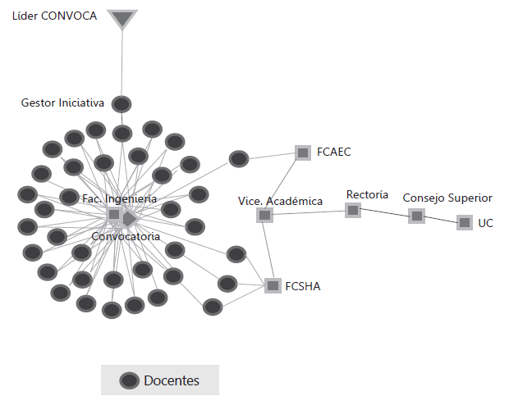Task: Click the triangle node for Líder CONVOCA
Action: click(122, 18)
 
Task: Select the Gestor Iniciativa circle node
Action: click(122, 104)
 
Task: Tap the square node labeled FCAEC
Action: click(303, 152)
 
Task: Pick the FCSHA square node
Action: click(273, 285)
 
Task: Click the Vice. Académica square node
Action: click(264, 215)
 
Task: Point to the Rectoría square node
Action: click(353, 211)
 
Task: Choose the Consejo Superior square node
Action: click(417, 216)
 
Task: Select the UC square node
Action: click(465, 223)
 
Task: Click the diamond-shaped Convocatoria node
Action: click(129, 219)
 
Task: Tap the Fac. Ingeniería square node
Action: click(114, 214)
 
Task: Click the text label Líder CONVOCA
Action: click(54, 16)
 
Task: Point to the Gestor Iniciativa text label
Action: click(62, 102)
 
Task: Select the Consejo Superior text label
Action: click(447, 198)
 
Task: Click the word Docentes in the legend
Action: click(172, 380)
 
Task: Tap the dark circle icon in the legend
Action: click(130, 380)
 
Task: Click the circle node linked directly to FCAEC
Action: click(239, 159)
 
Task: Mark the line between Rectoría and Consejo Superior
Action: click(385, 212)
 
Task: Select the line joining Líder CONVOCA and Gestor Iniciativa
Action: click(122, 63)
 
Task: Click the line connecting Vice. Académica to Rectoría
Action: click(309, 212)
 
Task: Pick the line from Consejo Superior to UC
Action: click(441, 220)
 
